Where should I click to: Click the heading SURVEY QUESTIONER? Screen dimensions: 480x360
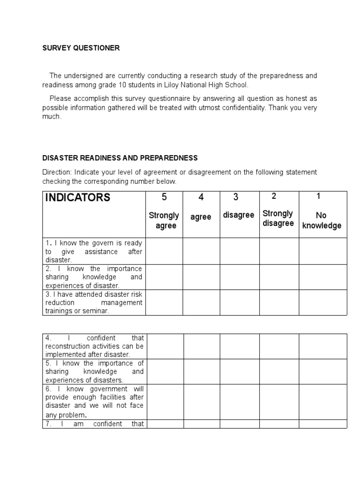tap(81, 48)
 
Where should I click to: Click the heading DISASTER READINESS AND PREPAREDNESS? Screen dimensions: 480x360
tap(120, 158)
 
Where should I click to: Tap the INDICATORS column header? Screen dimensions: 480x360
tap(77, 197)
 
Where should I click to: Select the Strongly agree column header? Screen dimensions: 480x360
tap(164, 220)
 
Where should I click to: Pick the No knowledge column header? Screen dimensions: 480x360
tap(322, 220)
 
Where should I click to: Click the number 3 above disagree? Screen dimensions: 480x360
tap(239, 197)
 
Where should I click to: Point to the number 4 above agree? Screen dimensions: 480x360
tap(201, 197)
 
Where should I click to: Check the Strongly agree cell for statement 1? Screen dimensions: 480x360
tap(164, 251)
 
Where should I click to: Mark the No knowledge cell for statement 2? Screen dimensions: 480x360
tap(322, 277)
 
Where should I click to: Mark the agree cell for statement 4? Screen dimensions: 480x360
tap(202, 346)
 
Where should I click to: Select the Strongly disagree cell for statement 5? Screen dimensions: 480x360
tap(279, 372)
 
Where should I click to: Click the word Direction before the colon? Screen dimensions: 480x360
tap(55, 172)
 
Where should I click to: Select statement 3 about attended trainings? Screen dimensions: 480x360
tap(94, 302)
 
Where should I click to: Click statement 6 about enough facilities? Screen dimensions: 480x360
tap(94, 402)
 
